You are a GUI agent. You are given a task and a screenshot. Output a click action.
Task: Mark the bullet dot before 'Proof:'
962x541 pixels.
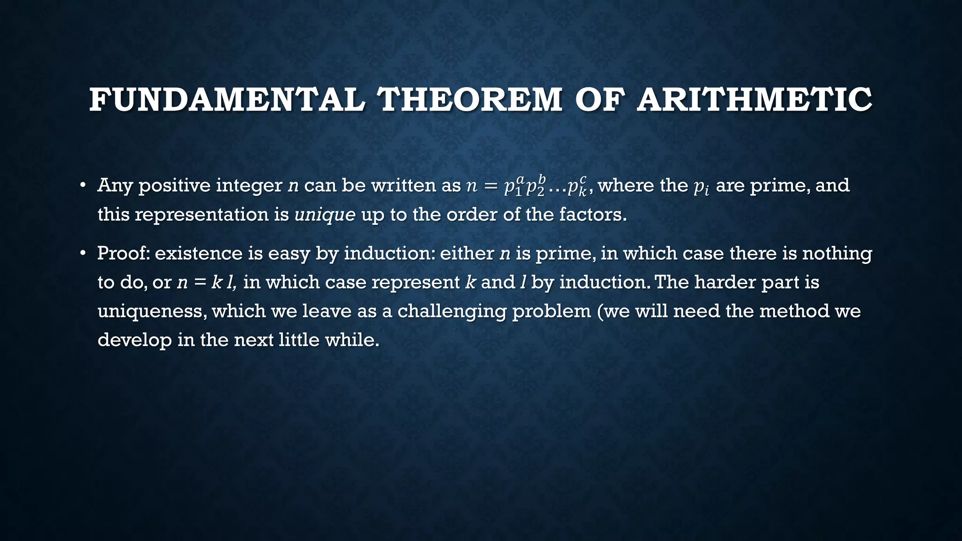[x=83, y=253]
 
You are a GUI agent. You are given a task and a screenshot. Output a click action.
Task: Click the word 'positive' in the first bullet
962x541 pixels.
[x=174, y=186]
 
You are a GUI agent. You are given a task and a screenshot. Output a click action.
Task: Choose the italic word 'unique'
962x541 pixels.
[x=325, y=215]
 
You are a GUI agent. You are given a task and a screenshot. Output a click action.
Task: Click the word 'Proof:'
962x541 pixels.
[x=123, y=254]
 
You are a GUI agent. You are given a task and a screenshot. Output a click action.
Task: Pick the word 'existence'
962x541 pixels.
[x=199, y=254]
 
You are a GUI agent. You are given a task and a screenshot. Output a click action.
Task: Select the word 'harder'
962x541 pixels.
[x=725, y=282]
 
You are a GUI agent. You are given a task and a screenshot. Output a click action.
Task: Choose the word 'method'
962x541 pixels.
[x=794, y=311]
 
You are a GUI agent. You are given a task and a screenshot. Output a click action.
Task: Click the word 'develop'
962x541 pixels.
[x=134, y=340]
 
